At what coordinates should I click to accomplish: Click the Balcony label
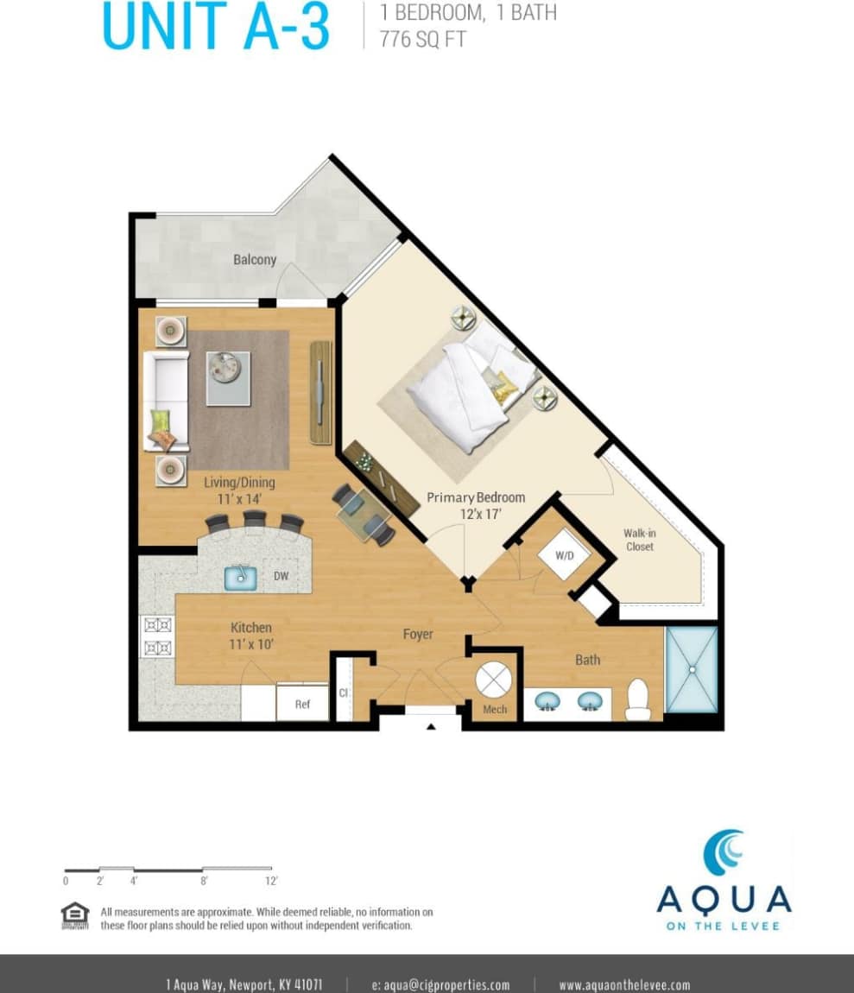pyautogui.click(x=254, y=259)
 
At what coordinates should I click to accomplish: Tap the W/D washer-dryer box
pyautogui.click(x=565, y=555)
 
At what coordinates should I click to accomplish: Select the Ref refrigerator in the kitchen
pyautogui.click(x=302, y=704)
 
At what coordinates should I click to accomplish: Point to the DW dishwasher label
pyautogui.click(x=282, y=576)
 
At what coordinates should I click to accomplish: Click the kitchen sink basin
pyautogui.click(x=243, y=576)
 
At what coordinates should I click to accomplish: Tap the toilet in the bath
pyautogui.click(x=637, y=699)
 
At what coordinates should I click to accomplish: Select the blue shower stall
pyautogui.click(x=692, y=669)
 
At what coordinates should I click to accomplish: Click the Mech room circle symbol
pyautogui.click(x=495, y=680)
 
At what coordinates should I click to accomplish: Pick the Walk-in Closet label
pyautogui.click(x=639, y=540)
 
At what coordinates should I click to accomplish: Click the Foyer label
pyautogui.click(x=418, y=635)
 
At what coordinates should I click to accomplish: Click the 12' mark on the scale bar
pyautogui.click(x=271, y=881)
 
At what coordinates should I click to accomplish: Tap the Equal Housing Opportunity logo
pyautogui.click(x=75, y=915)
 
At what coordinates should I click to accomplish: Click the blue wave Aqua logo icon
pyautogui.click(x=724, y=852)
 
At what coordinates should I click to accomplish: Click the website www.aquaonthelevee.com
pyautogui.click(x=624, y=984)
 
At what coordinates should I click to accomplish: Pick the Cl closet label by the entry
pyautogui.click(x=343, y=693)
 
